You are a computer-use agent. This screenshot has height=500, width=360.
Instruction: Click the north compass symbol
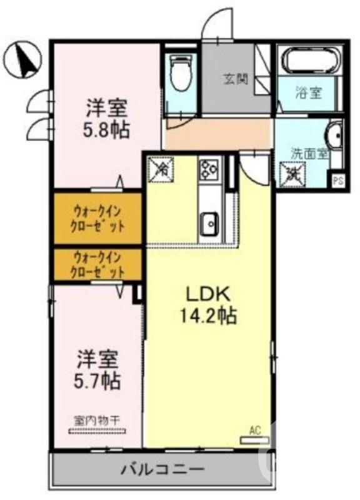(22, 59)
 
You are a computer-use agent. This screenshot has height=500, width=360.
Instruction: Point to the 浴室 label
(308, 93)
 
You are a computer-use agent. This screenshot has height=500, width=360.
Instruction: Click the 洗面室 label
(308, 153)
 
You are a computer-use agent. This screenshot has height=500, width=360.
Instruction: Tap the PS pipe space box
(338, 182)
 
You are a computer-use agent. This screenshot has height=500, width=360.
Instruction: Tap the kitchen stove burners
(208, 168)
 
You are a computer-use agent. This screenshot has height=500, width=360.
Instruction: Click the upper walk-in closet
(98, 218)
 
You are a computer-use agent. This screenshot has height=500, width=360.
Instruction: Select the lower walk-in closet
(98, 264)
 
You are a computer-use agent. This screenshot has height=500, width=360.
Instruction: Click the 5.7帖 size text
(99, 379)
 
